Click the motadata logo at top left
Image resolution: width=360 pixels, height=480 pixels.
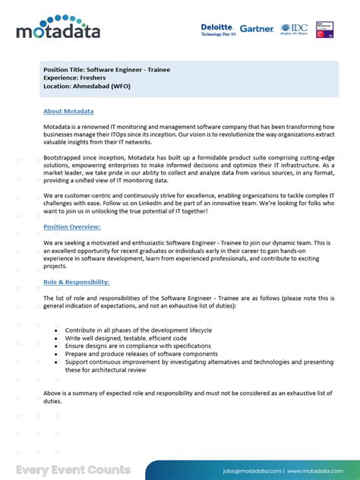[58, 28]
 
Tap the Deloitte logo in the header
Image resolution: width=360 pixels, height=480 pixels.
[218, 30]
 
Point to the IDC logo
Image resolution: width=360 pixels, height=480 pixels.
[293, 29]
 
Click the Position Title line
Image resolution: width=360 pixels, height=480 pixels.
[106, 70]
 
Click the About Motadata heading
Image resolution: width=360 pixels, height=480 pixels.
[69, 111]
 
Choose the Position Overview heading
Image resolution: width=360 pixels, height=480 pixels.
[72, 226]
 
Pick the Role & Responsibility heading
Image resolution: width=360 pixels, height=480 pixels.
[76, 282]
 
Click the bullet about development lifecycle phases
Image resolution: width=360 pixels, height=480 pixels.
[138, 330]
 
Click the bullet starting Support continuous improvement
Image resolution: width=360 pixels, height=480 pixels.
[197, 362]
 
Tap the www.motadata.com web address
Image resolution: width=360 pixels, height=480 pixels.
[318, 471]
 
